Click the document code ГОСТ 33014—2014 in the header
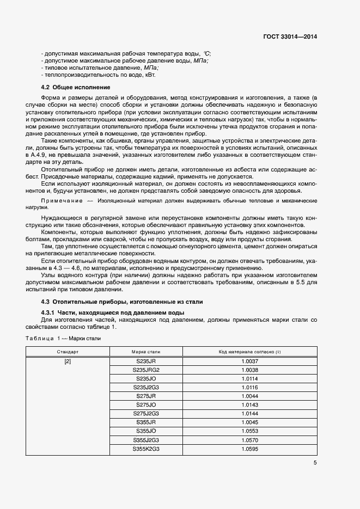[290, 36]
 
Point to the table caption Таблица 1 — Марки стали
[63, 338]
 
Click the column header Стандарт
[68, 352]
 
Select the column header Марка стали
[146, 352]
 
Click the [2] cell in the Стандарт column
[68, 361]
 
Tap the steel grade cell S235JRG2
[146, 370]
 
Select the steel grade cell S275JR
[146, 396]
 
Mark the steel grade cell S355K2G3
[146, 449]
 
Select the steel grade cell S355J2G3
[146, 440]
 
